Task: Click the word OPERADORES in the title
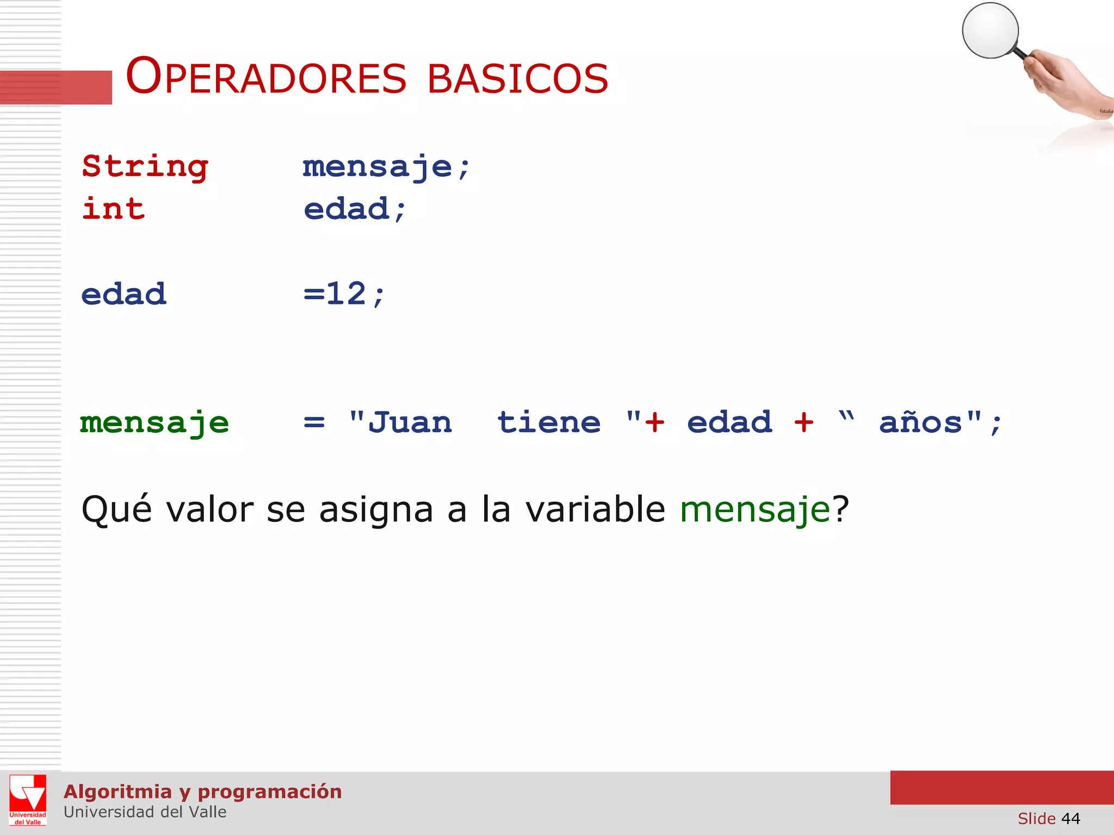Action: [265, 78]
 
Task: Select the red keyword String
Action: [145, 166]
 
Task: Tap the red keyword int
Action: [113, 209]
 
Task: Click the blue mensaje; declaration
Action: [386, 167]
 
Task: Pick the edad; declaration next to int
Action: [355, 210]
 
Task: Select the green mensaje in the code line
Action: [154, 423]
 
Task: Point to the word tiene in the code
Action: [549, 422]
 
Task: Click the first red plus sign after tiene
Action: [654, 422]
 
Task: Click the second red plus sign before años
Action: [803, 422]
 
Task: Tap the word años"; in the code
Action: [940, 423]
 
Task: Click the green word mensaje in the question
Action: [755, 510]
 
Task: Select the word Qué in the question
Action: [116, 509]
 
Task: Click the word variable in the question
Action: [595, 509]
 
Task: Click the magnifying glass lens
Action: [990, 30]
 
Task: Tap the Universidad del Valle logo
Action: [28, 800]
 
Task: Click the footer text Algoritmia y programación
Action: [202, 792]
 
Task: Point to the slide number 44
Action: [1070, 818]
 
